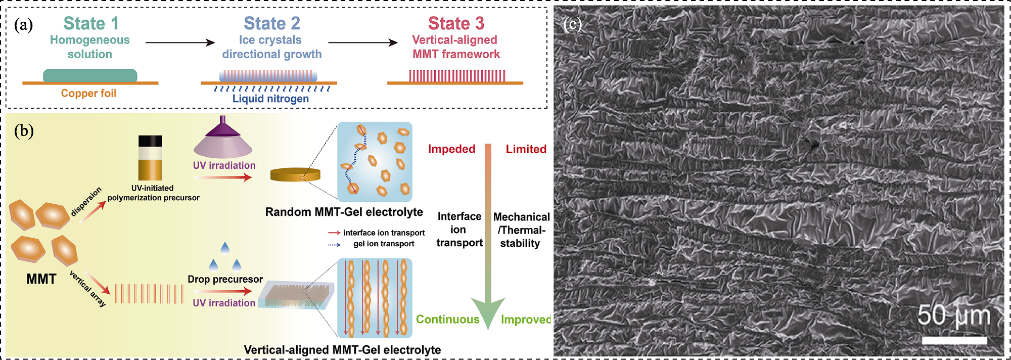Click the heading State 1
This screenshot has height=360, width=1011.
tap(91, 23)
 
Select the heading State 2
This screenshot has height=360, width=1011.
tap(272, 23)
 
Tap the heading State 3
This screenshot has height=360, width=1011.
tap(456, 23)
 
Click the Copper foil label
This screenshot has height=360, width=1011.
tap(88, 94)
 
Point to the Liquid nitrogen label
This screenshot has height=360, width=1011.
tap(270, 99)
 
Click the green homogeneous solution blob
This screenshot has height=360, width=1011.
tap(90, 75)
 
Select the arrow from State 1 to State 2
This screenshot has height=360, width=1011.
tap(180, 42)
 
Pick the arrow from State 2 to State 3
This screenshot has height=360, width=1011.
tap(363, 42)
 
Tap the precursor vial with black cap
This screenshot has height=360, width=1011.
tap(150, 157)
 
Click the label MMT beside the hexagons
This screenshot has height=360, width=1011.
tap(41, 279)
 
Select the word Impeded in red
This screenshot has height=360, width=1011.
tap(451, 149)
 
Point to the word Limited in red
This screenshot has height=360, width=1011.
tap(526, 149)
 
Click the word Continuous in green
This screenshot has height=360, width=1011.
tap(447, 320)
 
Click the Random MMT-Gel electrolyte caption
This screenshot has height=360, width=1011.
tap(344, 212)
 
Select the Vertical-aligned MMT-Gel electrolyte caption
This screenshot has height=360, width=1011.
tap(342, 350)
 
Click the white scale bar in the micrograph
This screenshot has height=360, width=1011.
tap(954, 340)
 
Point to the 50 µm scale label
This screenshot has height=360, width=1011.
tap(953, 316)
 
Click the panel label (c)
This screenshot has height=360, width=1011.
tap(572, 24)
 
